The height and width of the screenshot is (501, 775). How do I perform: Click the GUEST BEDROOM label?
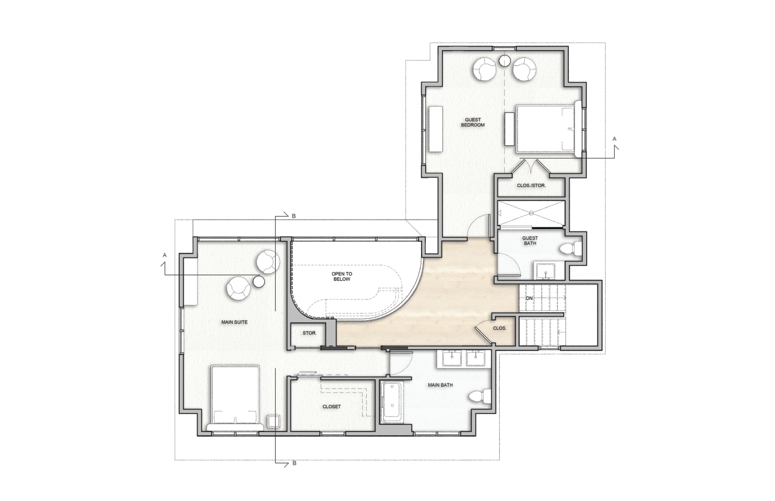pos(473,122)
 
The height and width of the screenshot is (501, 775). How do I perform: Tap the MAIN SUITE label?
pos(235,322)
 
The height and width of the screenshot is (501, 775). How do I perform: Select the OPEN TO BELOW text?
pos(342,277)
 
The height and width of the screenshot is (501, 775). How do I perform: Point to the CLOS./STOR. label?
pos(531,186)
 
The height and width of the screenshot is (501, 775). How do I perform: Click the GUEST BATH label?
pos(530,241)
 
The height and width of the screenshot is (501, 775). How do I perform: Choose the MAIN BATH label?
pos(441,385)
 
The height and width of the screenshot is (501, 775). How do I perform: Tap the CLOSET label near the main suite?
pos(332,407)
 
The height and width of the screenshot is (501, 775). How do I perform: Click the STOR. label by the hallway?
pos(310,333)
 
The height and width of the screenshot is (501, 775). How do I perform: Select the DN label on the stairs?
pos(529,299)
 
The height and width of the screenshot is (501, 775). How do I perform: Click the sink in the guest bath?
pos(545,271)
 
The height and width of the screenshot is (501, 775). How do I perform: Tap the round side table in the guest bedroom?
pos(505,60)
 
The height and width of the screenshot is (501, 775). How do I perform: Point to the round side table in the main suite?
pos(259,282)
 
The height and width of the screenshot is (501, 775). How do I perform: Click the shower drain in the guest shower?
pos(531,213)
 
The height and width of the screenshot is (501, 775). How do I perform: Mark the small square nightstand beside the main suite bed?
pos(273,421)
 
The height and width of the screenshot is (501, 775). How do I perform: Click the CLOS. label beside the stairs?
pos(500,328)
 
